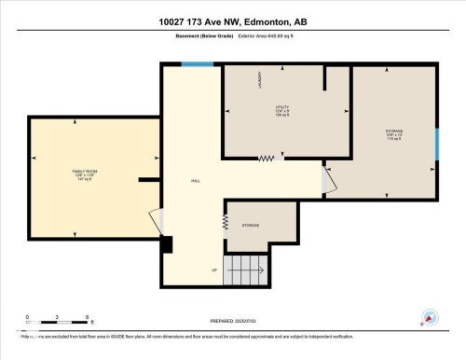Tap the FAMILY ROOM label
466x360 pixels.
click(84, 173)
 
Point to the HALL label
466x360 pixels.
click(196, 181)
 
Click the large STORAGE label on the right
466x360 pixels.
click(394, 132)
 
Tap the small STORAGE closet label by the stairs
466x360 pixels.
click(251, 226)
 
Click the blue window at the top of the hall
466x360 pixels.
click(197, 64)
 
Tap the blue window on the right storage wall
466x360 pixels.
click(437, 144)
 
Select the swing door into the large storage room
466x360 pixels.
click(328, 179)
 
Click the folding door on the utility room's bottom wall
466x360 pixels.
click(267, 158)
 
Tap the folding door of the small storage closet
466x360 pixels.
click(225, 222)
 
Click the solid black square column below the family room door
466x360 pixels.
click(167, 244)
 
